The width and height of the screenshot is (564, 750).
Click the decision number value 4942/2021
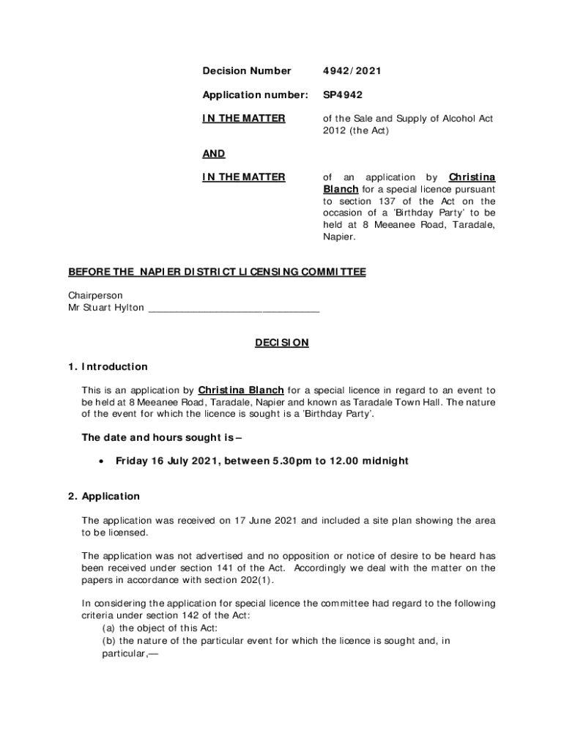(352, 71)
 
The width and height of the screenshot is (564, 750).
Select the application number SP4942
(343, 94)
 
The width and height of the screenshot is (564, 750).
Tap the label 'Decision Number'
(246, 71)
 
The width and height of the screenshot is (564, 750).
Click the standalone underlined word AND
(213, 154)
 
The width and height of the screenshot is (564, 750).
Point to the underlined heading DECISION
(282, 342)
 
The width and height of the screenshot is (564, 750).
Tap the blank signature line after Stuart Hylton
(234, 308)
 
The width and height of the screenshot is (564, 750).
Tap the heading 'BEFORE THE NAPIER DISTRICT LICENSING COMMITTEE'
(217, 272)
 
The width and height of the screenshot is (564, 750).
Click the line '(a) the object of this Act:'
(163, 628)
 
